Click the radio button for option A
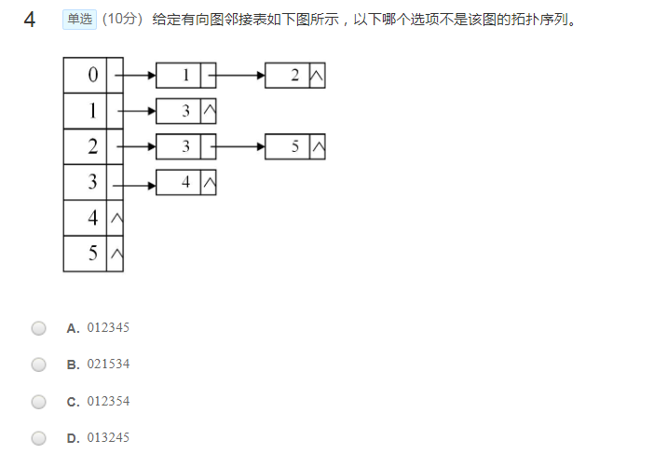[38, 328]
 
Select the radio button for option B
[38, 365]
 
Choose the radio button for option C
[38, 402]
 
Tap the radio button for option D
[38, 438]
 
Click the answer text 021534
[108, 365]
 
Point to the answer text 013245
[108, 438]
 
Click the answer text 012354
[108, 402]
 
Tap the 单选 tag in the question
[80, 20]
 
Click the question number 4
[30, 20]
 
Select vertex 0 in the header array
[92, 76]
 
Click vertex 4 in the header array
[92, 218]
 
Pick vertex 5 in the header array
[92, 254]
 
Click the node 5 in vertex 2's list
[294, 147]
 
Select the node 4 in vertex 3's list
[185, 183]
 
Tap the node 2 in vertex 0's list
[294, 76]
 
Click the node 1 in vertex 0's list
[185, 76]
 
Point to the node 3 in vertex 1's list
[185, 111]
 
